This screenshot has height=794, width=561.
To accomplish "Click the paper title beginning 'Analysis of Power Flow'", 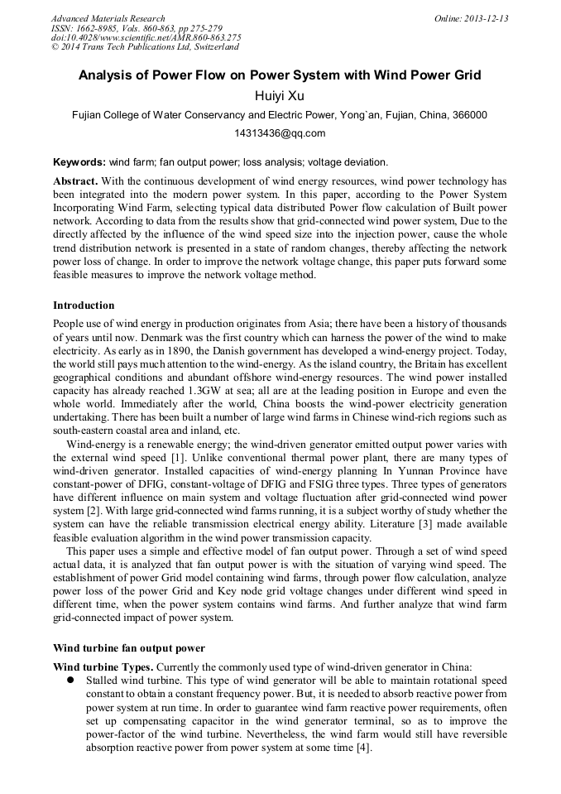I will [x=280, y=75].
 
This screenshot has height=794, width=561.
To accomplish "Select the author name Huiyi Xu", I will [x=280, y=96].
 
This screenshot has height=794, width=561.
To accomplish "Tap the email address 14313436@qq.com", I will [x=280, y=133].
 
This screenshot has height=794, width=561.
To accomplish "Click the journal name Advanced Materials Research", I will [x=108, y=18].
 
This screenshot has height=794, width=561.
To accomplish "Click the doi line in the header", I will [x=146, y=38].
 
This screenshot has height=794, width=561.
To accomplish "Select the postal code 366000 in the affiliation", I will [x=469, y=115].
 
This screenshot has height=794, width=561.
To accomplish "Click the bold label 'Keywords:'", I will [x=79, y=162].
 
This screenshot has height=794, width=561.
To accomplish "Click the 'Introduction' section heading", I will [x=84, y=306].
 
